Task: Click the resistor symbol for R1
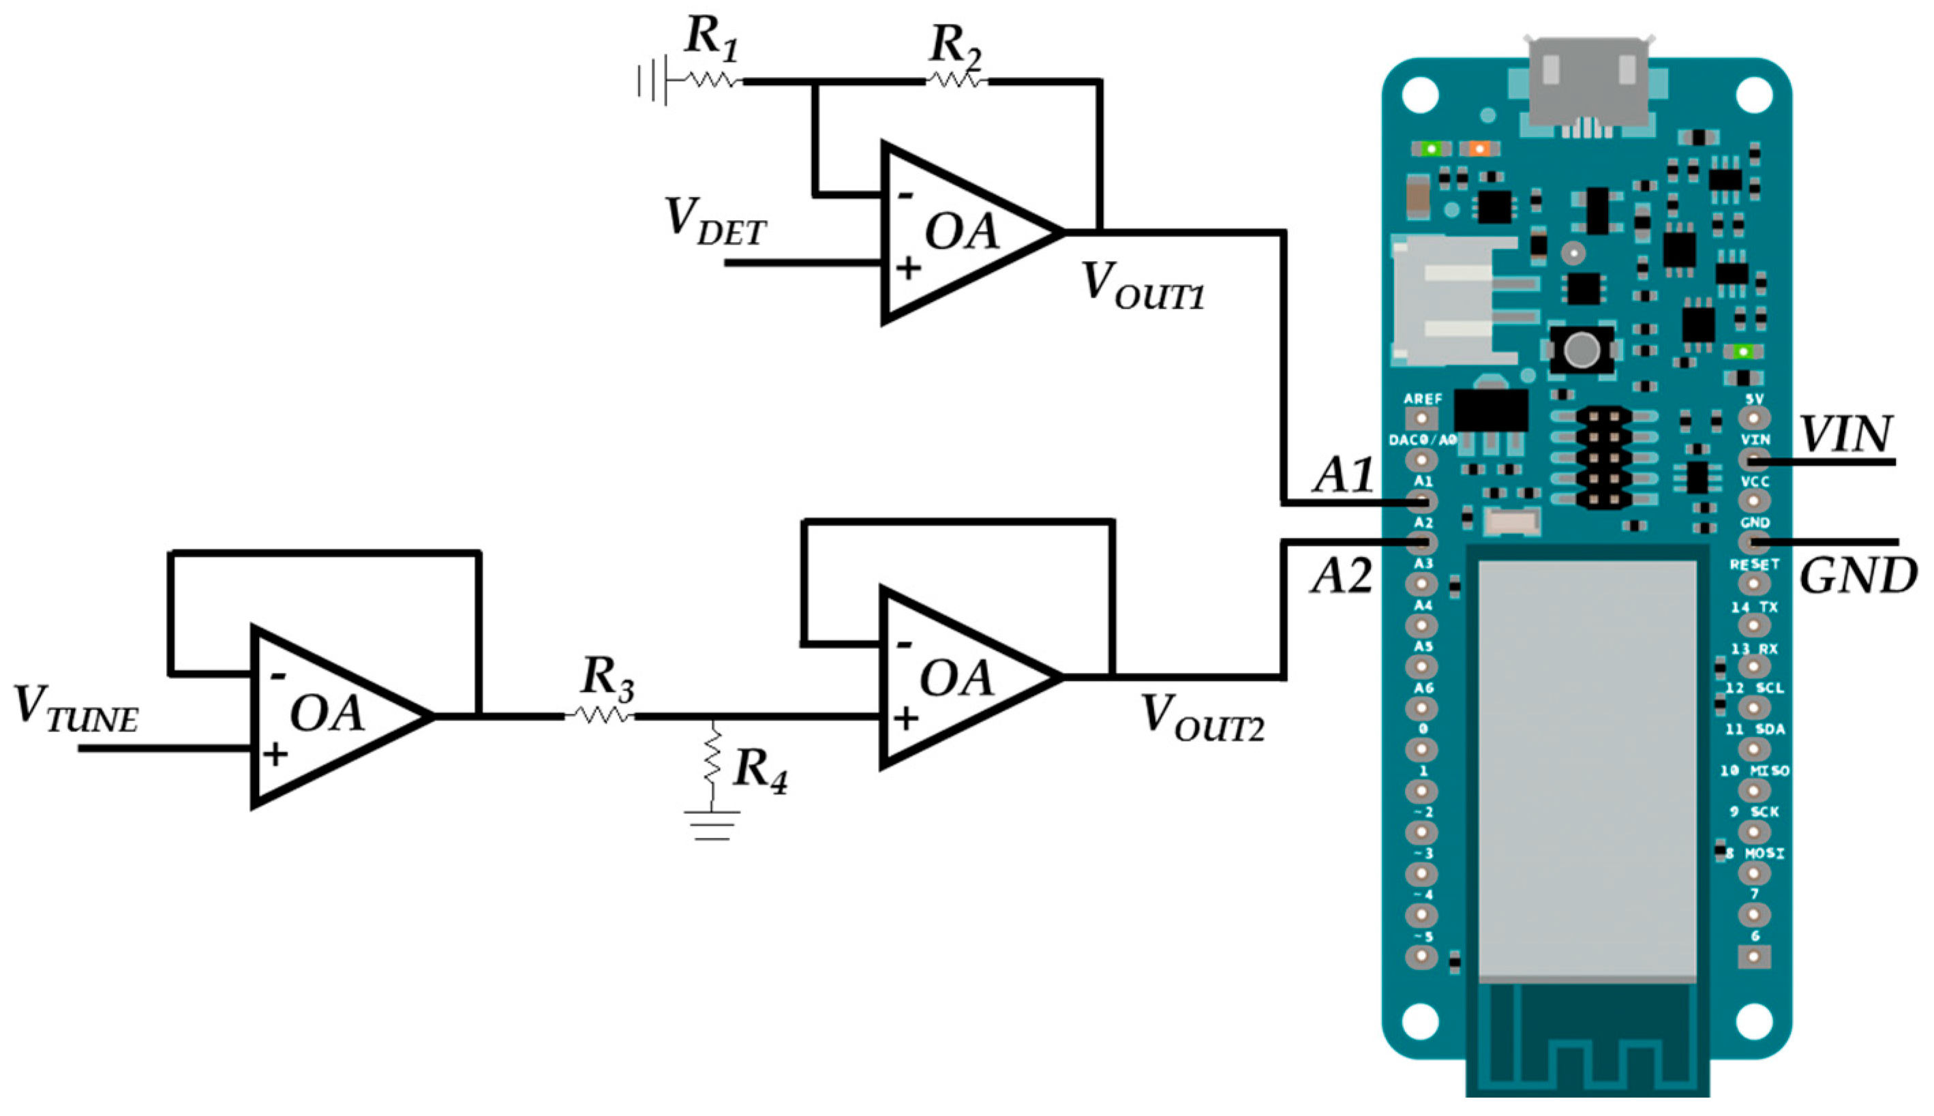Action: tap(710, 80)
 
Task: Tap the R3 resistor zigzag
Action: tap(600, 715)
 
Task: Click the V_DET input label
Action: tap(715, 222)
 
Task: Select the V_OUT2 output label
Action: tap(1201, 718)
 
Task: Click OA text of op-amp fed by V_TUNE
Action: tap(327, 713)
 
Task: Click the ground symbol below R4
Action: tap(712, 826)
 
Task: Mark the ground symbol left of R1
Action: tap(651, 80)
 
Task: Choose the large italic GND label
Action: tap(1858, 576)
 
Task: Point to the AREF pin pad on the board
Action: tap(1421, 419)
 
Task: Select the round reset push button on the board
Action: tap(1582, 350)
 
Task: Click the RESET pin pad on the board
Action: tap(1753, 584)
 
